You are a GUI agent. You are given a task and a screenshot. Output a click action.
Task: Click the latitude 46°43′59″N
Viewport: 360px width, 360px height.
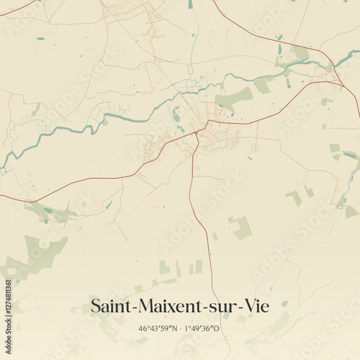(x=158, y=328)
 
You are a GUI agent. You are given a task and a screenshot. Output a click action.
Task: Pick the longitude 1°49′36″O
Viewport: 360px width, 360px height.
(x=203, y=328)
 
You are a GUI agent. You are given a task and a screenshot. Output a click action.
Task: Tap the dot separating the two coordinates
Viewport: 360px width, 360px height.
(x=180, y=328)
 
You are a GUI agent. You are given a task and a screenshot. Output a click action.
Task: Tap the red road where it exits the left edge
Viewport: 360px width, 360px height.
(x=3, y=195)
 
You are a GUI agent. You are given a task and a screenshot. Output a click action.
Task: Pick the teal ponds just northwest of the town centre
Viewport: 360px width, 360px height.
(x=175, y=114)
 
